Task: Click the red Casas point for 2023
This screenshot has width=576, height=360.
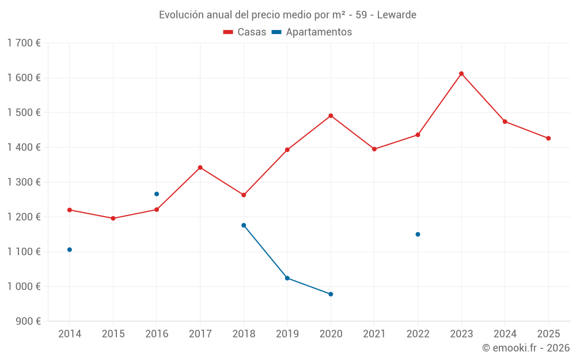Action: click(461, 74)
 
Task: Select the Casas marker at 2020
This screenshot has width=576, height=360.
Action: click(331, 116)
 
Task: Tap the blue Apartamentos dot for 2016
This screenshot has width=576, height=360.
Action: click(157, 194)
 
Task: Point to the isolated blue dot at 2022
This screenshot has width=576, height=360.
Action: click(418, 234)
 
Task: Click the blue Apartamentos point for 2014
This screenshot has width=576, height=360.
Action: click(70, 249)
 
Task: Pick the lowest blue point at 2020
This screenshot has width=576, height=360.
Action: click(331, 294)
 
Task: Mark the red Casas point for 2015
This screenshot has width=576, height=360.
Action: click(113, 218)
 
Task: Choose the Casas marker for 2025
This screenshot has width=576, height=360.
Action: click(548, 138)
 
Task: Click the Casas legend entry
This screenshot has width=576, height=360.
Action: click(245, 32)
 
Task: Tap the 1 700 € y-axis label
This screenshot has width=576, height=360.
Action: click(24, 43)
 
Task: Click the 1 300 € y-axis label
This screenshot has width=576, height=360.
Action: click(24, 182)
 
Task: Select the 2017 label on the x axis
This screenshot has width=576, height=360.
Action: click(200, 334)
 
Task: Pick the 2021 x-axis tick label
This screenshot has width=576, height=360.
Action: click(374, 334)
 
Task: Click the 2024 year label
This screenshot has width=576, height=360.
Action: click(505, 334)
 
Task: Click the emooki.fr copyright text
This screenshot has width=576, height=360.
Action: click(526, 348)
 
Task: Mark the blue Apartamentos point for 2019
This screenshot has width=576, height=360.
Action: click(287, 278)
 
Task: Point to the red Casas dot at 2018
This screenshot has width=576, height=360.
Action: click(244, 195)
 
